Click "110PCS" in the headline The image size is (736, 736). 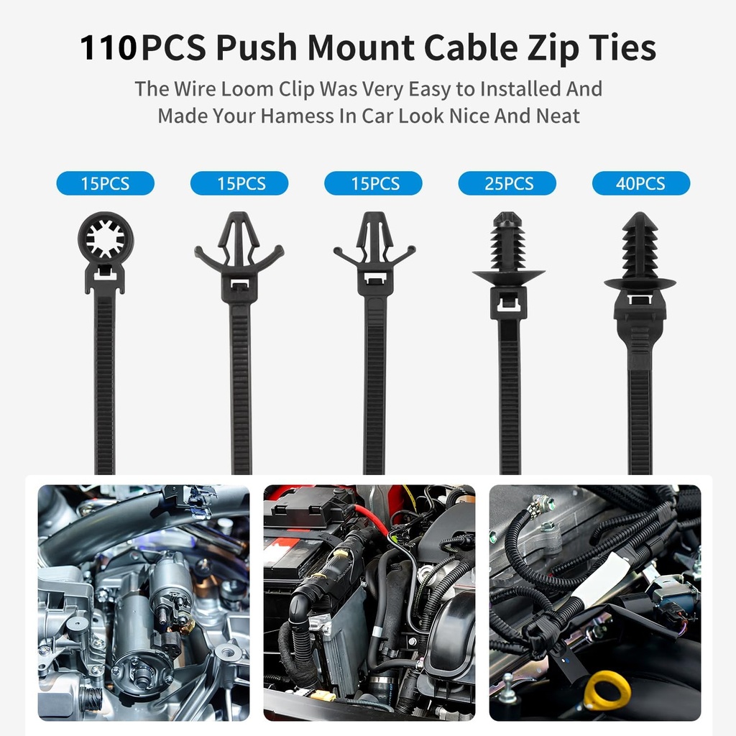point(108,47)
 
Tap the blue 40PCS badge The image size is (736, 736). point(640,183)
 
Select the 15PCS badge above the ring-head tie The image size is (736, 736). point(105,183)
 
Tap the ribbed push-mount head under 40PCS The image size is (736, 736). point(640,248)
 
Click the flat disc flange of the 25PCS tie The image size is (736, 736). point(508,276)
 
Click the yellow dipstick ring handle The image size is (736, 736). point(606,690)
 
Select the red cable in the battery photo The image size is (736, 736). point(372,519)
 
